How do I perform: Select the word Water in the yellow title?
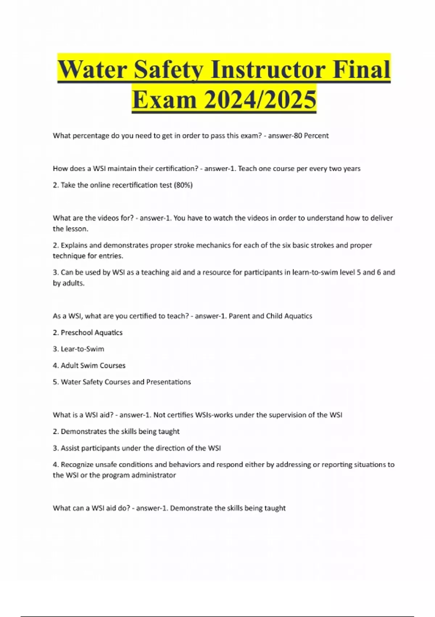(93, 70)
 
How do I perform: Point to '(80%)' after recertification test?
(183, 185)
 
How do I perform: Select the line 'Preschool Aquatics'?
(91, 332)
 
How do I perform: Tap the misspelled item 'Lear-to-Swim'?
(82, 349)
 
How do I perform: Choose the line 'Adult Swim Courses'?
(93, 365)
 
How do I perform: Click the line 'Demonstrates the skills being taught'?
(120, 432)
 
